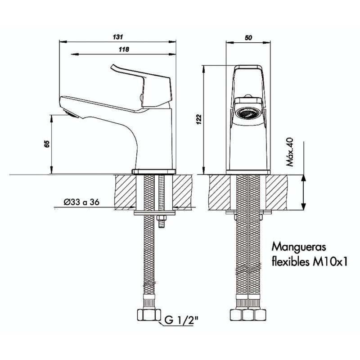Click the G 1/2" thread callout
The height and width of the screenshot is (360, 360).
[181, 321]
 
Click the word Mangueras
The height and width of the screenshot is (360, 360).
[296, 247]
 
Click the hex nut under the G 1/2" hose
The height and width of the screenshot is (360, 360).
[148, 314]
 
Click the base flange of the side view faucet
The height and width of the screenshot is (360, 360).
[153, 171]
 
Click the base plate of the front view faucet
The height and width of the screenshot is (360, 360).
[248, 171]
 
